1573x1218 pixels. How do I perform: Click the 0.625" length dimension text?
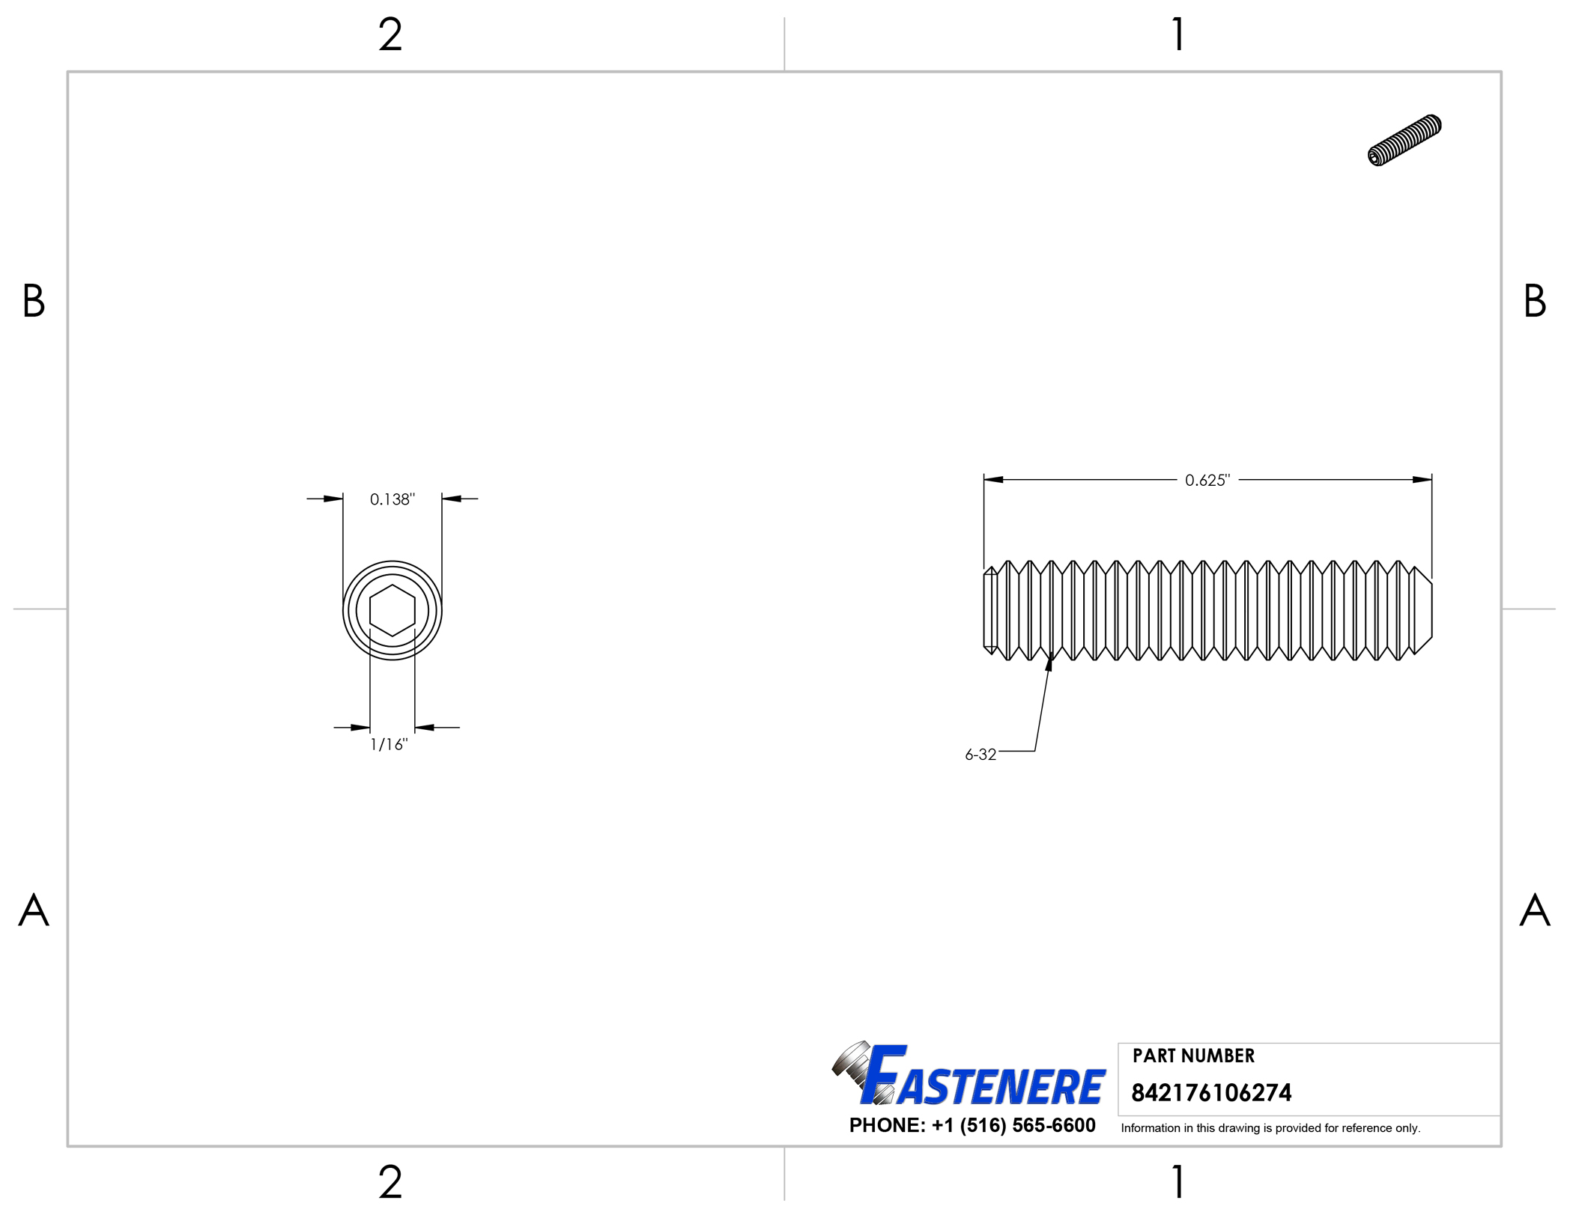1207,481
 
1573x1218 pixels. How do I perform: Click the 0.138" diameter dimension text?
392,499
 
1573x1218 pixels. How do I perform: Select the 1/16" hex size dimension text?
389,744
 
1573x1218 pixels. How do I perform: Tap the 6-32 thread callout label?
981,755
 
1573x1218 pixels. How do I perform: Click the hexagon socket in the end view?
392,610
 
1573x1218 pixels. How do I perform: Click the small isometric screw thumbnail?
1404,140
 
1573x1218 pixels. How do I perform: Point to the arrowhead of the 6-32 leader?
1049,661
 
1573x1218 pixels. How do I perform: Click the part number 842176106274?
1210,1093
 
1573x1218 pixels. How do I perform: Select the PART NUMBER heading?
1192,1056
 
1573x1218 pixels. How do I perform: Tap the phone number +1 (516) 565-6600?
1013,1125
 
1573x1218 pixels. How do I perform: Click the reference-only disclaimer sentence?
1270,1128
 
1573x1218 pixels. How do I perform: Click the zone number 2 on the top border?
390,35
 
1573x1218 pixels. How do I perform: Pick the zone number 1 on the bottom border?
1178,1182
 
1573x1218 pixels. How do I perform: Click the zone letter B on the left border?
34,301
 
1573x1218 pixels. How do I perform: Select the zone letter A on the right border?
1534,910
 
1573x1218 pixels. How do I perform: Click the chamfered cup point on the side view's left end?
990,610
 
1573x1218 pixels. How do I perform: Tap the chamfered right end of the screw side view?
1422,610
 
